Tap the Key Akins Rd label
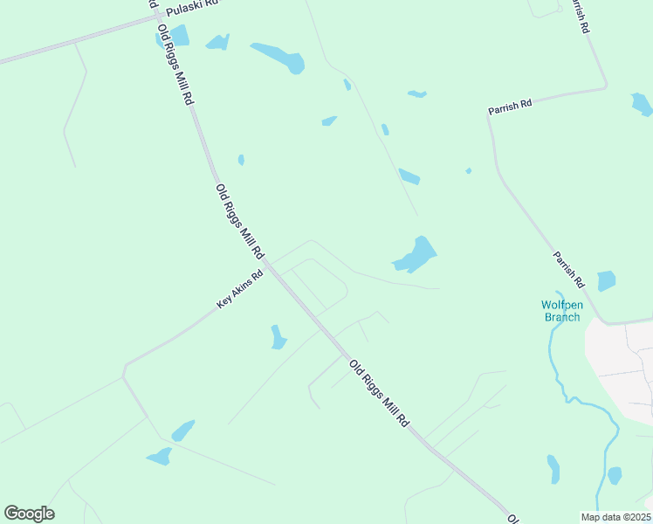[x=240, y=290]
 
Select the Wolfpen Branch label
[x=561, y=311]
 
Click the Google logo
[x=29, y=514]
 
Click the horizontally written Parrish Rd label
[x=510, y=107]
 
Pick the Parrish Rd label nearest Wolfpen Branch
[x=568, y=270]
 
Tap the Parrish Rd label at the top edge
[x=579, y=16]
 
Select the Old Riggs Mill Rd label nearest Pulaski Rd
[x=175, y=63]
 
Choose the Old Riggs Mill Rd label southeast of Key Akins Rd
[x=379, y=392]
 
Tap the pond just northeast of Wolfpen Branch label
[x=606, y=281]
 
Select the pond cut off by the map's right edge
[x=642, y=105]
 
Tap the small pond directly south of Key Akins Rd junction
[x=278, y=337]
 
